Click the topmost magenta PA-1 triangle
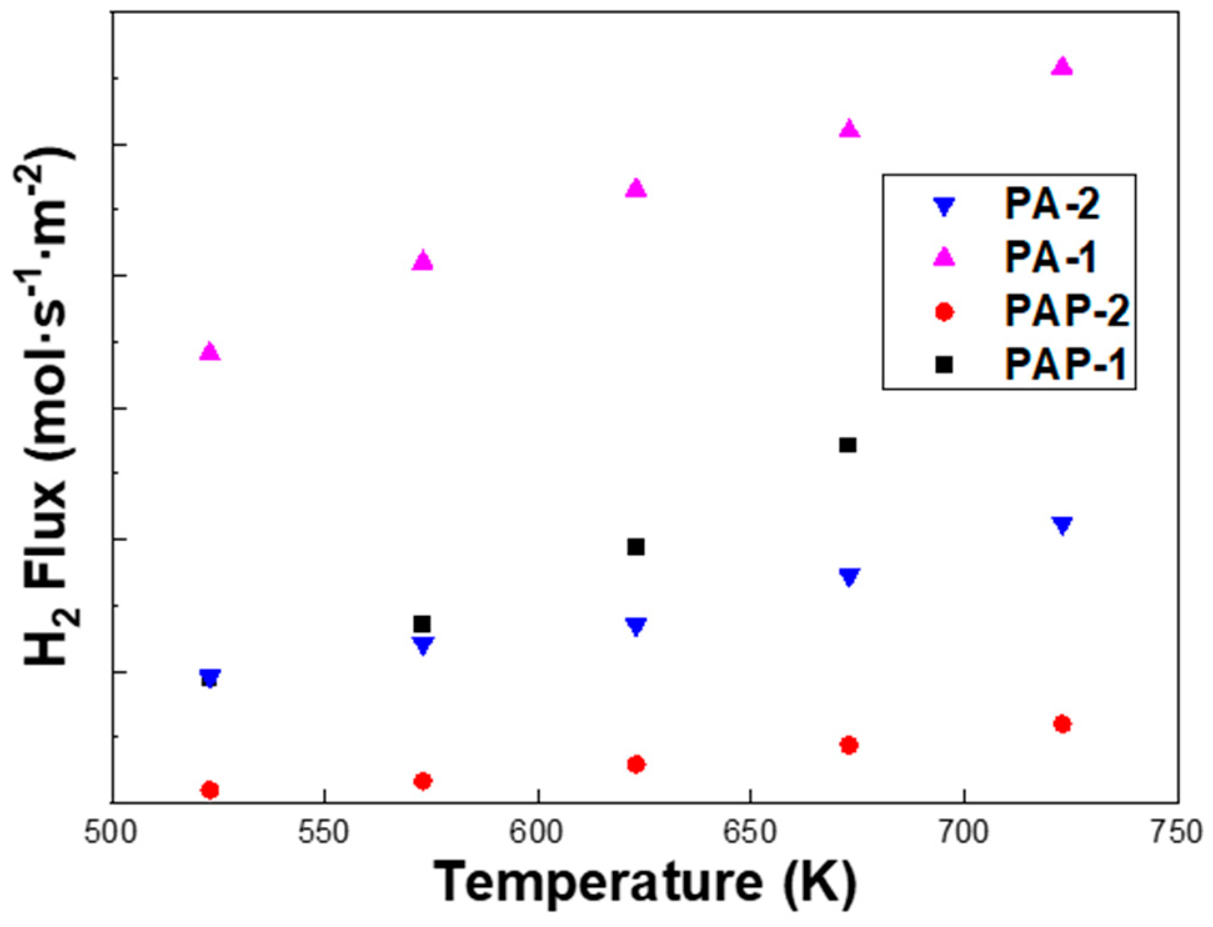1062,67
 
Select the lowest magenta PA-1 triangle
210,352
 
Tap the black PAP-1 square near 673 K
848,445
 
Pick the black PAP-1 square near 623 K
636,547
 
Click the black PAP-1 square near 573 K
422,624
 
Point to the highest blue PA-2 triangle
1062,525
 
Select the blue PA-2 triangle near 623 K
636,626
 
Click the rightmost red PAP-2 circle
1062,724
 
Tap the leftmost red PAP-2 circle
210,790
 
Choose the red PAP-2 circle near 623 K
636,764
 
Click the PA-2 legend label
1052,204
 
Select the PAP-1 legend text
1065,364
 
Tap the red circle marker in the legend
944,311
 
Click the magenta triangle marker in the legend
944,257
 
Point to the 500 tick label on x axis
111,833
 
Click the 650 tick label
750,833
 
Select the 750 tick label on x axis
1177,833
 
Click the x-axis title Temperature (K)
645,885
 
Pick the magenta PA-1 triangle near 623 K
636,188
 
